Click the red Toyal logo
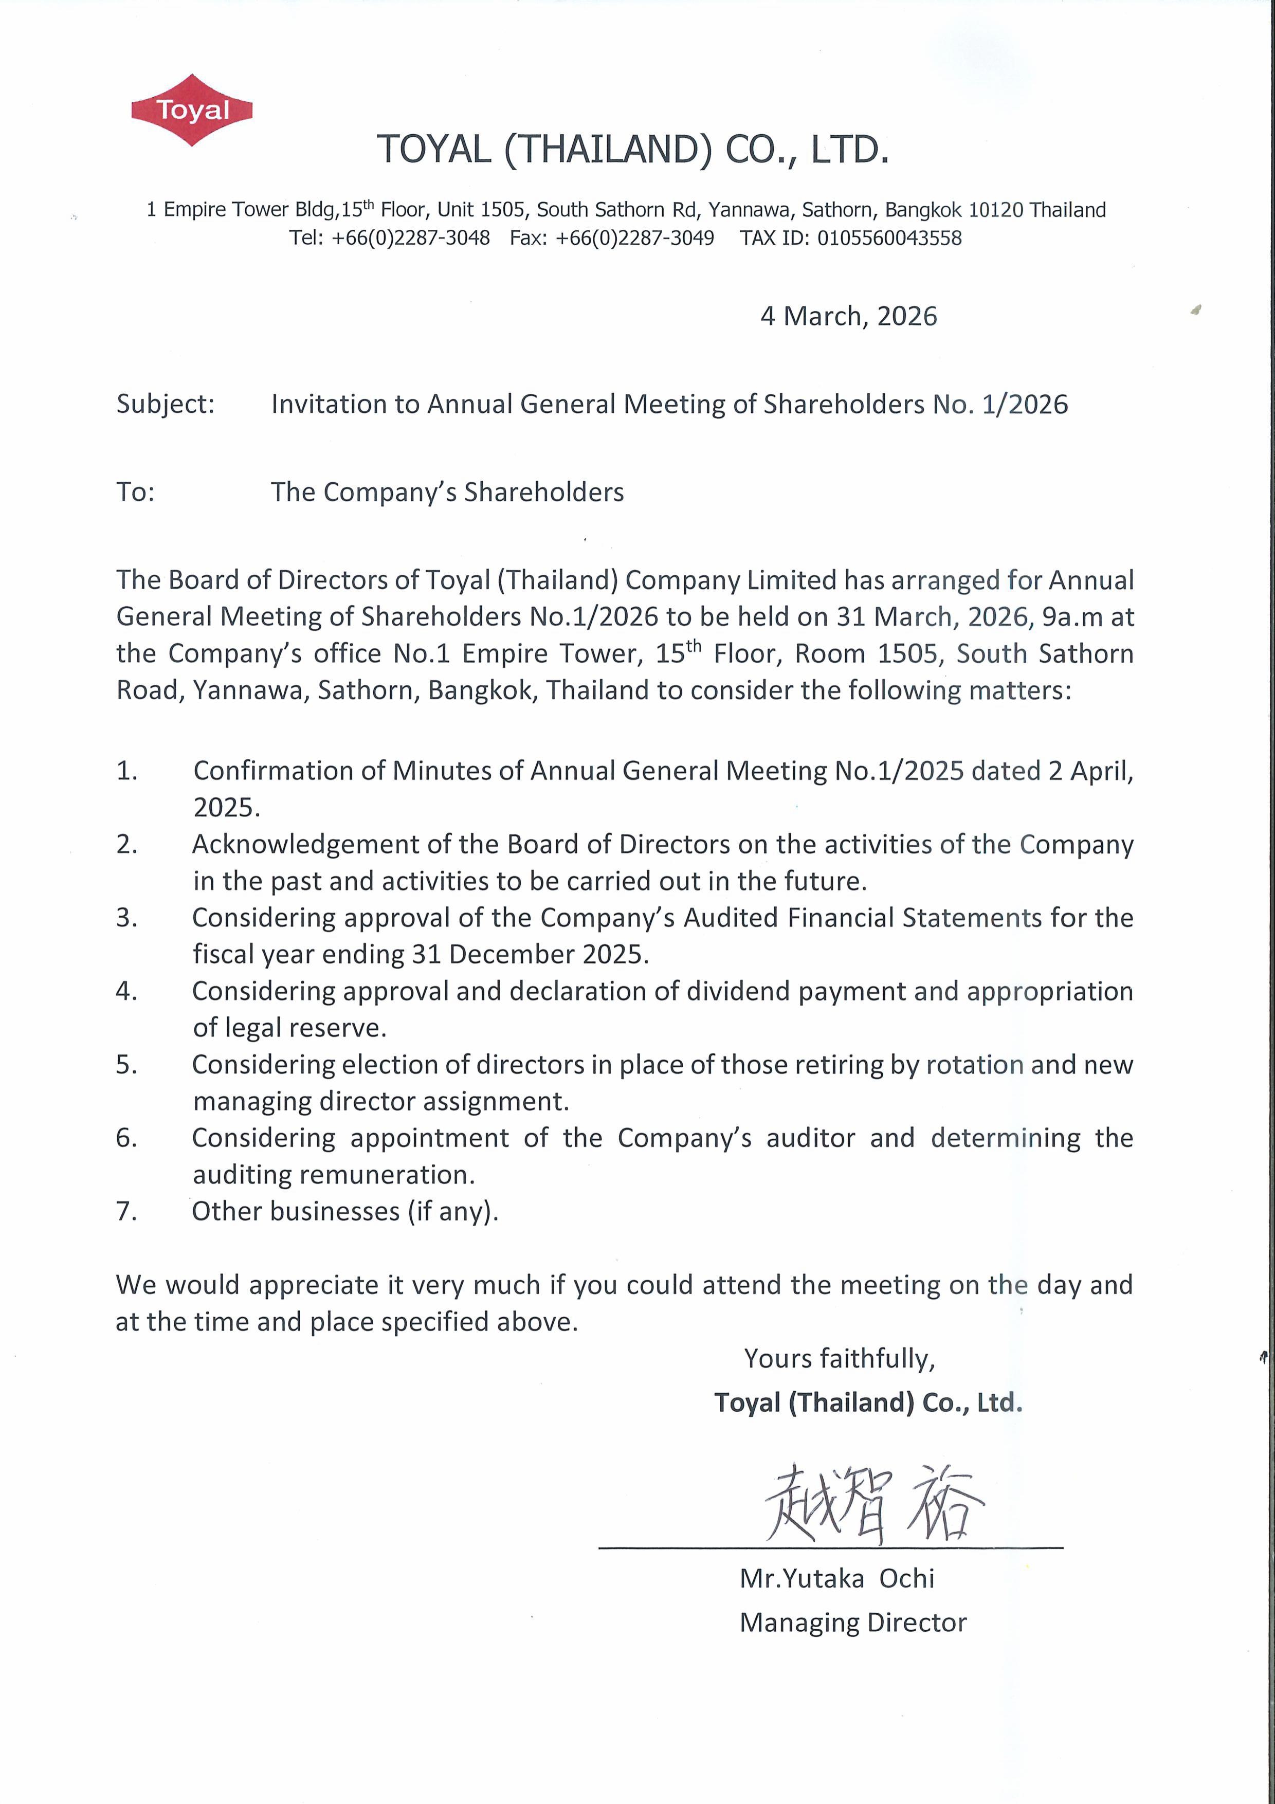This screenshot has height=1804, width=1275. (192, 110)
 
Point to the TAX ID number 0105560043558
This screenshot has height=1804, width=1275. (889, 238)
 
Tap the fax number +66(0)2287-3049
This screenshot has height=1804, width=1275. (635, 238)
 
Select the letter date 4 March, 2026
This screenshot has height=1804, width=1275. (848, 316)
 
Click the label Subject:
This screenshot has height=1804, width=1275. (165, 404)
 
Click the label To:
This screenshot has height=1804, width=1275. (135, 492)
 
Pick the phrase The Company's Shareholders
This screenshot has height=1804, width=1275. (447, 492)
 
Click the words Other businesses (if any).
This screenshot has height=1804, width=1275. (345, 1212)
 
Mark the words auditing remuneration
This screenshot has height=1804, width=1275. (334, 1175)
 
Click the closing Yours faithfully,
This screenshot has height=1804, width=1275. (839, 1358)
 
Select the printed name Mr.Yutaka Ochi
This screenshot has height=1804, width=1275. (836, 1578)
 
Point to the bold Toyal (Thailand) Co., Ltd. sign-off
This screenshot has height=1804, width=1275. (867, 1402)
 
